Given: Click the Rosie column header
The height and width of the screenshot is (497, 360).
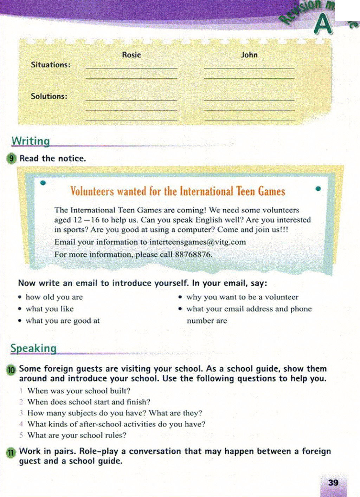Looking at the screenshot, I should (131, 55).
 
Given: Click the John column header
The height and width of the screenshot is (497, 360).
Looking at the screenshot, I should (249, 55).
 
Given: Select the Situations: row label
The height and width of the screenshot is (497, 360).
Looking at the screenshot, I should (51, 65).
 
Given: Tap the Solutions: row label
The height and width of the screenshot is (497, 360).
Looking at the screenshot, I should (49, 96).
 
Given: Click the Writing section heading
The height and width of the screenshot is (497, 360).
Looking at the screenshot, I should (31, 141).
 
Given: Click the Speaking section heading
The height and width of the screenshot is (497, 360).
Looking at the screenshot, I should (33, 348).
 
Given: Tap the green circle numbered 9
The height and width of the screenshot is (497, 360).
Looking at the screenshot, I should (12, 158).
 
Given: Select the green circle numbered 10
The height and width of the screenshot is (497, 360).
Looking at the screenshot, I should (11, 370).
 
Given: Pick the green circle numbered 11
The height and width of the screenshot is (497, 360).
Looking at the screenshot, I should (11, 452).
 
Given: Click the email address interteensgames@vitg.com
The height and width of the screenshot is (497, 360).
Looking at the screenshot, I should (198, 242).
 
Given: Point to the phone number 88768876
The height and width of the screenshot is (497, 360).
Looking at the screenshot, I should (193, 254).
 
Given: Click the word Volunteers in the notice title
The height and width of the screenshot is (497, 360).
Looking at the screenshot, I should (92, 191).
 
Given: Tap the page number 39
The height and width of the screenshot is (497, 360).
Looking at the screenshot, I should (333, 483).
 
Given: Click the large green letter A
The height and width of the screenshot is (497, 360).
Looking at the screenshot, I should (323, 25).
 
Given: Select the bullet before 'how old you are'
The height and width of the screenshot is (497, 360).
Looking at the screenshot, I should (20, 297).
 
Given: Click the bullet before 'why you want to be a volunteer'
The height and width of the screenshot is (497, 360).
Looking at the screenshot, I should (180, 297).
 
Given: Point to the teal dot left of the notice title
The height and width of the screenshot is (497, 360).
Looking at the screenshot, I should (43, 183).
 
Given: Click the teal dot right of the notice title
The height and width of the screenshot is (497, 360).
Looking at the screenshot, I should (318, 189).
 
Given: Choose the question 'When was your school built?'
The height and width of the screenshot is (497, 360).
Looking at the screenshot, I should (79, 391).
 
